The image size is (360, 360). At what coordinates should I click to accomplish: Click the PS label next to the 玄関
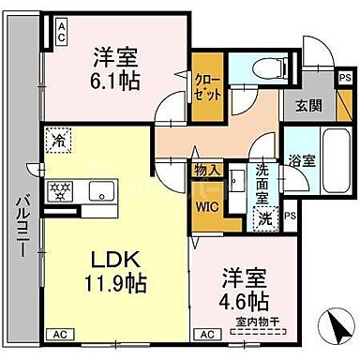pos(346,74)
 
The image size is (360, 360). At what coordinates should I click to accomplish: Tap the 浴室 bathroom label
pos(300,159)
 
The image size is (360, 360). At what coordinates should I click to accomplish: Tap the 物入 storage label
pos(205,170)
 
